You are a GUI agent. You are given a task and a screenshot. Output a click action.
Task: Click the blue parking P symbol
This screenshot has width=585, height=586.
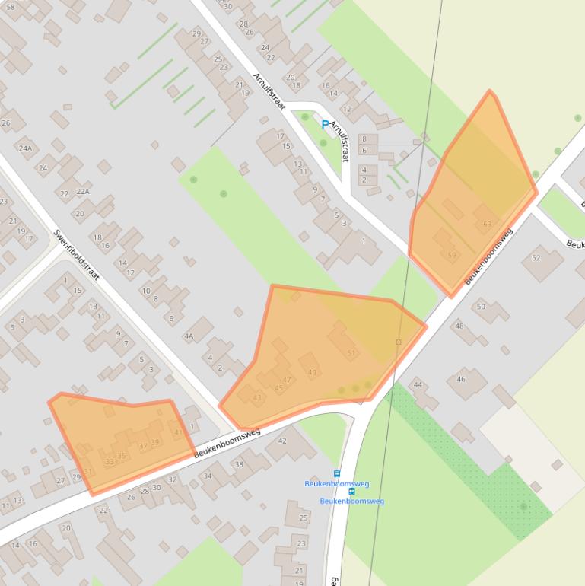point(325,125)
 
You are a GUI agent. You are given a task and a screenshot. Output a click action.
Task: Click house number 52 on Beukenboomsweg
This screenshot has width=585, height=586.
point(536,258)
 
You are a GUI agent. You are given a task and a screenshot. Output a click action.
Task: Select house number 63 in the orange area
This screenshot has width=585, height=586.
point(487,224)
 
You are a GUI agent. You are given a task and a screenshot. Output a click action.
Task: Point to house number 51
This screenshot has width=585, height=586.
point(351,353)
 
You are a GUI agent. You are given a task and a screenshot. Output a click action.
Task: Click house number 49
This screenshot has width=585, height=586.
point(313,372)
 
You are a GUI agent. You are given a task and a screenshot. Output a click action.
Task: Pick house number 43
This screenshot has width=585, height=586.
point(257,397)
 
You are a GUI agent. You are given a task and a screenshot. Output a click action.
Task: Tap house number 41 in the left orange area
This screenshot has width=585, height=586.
point(179,432)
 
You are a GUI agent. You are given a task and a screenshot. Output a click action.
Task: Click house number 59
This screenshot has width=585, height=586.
point(452,256)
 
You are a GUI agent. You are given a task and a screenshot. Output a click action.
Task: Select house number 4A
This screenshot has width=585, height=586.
point(189,336)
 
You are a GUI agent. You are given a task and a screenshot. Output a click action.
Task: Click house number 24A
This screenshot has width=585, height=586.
point(26,148)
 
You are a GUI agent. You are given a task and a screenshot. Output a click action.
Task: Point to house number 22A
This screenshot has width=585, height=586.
point(83,192)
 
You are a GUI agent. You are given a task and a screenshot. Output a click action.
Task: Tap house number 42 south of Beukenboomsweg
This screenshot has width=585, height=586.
point(281,441)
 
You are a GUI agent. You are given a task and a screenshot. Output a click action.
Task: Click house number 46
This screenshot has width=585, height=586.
point(461,379)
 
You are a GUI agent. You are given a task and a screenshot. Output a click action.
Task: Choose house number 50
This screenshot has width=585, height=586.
point(481,307)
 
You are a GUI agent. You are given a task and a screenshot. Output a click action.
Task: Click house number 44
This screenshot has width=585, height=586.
point(418,384)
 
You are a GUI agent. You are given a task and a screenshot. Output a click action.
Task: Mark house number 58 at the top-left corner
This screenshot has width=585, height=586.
point(10,6)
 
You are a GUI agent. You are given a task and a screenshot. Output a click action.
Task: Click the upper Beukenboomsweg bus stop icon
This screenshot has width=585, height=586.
point(338,473)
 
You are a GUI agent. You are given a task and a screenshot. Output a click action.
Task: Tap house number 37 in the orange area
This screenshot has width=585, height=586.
point(143,446)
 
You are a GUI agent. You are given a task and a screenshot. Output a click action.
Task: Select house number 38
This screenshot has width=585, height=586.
point(238,463)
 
